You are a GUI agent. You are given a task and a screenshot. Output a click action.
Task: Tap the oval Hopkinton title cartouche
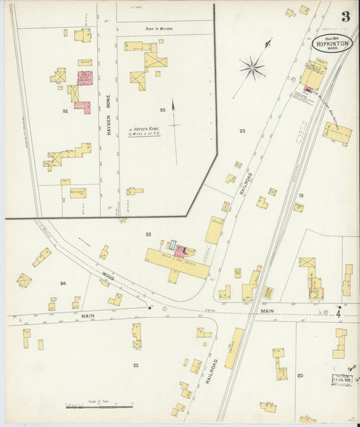click(332, 43)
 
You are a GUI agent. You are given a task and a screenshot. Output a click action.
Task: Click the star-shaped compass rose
click(253, 66)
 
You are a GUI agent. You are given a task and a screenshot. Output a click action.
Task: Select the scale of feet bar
click(99, 407)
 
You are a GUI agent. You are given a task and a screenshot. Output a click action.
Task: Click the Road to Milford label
click(159, 29)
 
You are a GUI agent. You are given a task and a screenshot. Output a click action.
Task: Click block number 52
click(66, 110)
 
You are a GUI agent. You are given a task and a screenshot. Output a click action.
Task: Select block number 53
click(162, 109)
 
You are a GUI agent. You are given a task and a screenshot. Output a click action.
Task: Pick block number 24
click(63, 284)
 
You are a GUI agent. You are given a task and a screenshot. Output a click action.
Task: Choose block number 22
click(135, 365)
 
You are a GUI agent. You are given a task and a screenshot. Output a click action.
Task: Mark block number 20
click(300, 375)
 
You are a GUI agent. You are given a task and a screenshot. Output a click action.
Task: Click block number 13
click(301, 195)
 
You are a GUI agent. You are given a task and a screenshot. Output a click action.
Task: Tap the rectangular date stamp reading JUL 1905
click(342, 380)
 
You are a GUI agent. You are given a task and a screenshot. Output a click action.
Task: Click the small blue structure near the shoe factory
click(172, 245)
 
